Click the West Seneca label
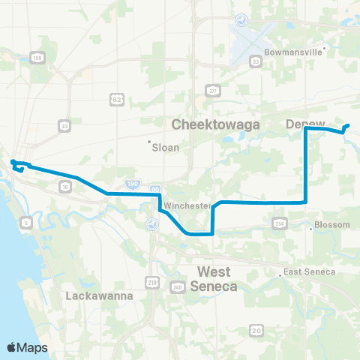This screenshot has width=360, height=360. [x=217, y=278]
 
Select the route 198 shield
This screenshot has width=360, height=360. [x=37, y=58]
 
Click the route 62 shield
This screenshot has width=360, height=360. [x=116, y=98]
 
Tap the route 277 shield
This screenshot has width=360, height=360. [x=213, y=91]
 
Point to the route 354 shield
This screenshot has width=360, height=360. [x=280, y=223]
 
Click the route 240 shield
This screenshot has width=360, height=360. [x=178, y=286]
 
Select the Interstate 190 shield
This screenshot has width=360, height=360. [x=131, y=182]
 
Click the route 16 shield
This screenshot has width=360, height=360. [x=66, y=184]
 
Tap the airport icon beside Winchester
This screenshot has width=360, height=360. [x=154, y=223]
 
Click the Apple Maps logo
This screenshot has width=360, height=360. [x=28, y=347]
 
